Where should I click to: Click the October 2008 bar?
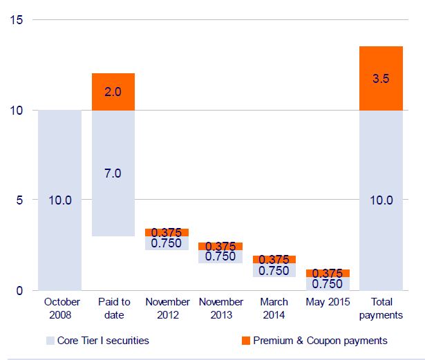point(59,200)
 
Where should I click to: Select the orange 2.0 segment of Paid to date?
point(113,92)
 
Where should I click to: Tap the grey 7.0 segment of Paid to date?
point(113,173)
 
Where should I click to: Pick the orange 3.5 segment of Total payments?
point(381,78)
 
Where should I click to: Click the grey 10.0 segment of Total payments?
point(381,200)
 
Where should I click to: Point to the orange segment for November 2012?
point(167,232)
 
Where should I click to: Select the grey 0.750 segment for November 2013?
point(220,256)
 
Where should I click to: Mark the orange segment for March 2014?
point(274,259)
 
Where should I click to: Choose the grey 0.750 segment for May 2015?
point(328,283)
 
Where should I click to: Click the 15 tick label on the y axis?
point(18,20)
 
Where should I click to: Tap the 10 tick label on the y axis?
point(18,110)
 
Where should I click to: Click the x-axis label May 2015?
point(328,302)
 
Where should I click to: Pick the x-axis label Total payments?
point(381,308)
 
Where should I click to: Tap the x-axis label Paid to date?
point(113,308)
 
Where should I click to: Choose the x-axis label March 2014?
point(274,308)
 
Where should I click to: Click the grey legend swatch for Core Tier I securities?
point(50,341)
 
